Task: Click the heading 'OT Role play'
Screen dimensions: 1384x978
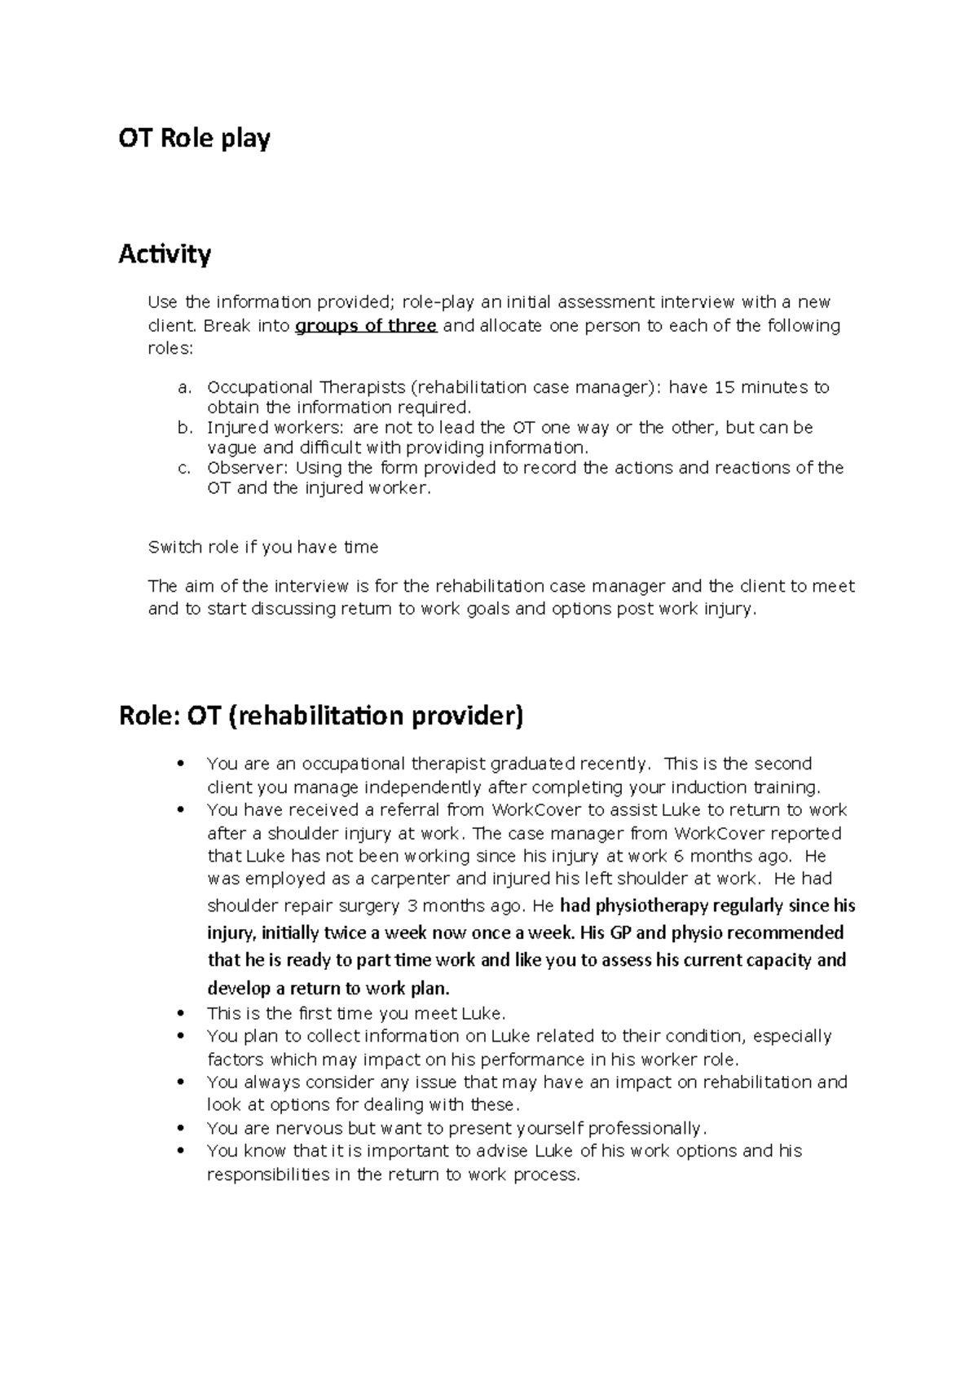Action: coord(194,139)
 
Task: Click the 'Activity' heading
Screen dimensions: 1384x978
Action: coord(165,254)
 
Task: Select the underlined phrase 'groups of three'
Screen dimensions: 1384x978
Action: coord(366,326)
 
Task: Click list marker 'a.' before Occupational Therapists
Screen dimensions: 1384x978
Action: coord(183,387)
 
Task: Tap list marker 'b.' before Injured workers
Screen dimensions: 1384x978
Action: coord(183,428)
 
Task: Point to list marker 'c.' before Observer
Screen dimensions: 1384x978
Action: coord(183,468)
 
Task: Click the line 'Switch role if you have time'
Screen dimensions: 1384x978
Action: coord(262,547)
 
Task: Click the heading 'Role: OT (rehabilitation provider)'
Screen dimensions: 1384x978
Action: coord(320,716)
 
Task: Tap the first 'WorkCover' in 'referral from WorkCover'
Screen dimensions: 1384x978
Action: coord(533,810)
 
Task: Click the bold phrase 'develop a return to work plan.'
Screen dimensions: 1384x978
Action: coord(328,989)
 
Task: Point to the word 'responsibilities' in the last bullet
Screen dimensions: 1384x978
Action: coord(268,1175)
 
